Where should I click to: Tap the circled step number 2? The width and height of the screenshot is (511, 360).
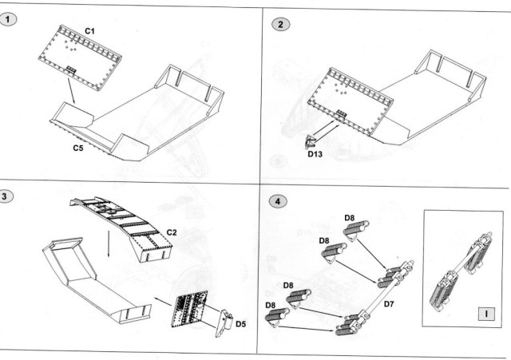pyautogui.click(x=279, y=24)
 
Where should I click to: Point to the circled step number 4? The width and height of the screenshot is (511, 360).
pyautogui.click(x=275, y=200)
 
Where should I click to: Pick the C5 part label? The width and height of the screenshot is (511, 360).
pyautogui.click(x=79, y=148)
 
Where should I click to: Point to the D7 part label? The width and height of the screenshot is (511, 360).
pyautogui.click(x=390, y=303)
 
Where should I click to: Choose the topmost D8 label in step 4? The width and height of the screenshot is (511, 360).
pyautogui.click(x=350, y=216)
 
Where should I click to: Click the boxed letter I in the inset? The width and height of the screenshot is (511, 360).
pyautogui.click(x=485, y=312)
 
